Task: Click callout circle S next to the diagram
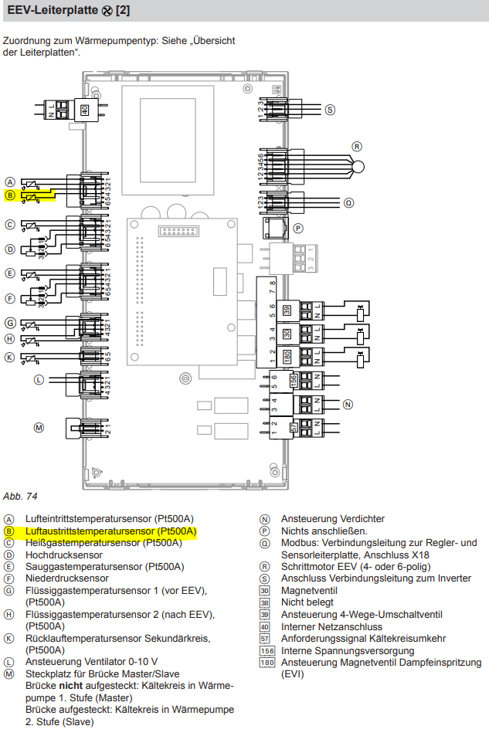click(330, 110)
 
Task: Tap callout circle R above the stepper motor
click(357, 146)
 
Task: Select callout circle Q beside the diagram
click(349, 203)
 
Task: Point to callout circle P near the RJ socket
click(298, 229)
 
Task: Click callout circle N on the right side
click(348, 404)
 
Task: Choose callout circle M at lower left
click(39, 426)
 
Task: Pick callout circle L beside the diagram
click(39, 380)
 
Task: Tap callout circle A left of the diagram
click(10, 183)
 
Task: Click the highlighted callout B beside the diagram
click(10, 195)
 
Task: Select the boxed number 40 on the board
click(85, 110)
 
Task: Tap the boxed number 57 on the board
click(294, 427)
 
